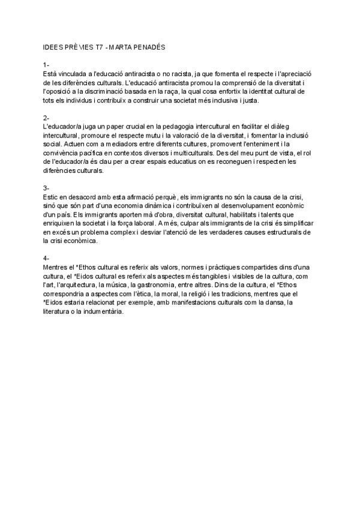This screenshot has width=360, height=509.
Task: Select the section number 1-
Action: [x=47, y=64]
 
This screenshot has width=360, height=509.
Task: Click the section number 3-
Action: [x=47, y=188]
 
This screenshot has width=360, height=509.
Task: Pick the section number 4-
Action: [x=47, y=258]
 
